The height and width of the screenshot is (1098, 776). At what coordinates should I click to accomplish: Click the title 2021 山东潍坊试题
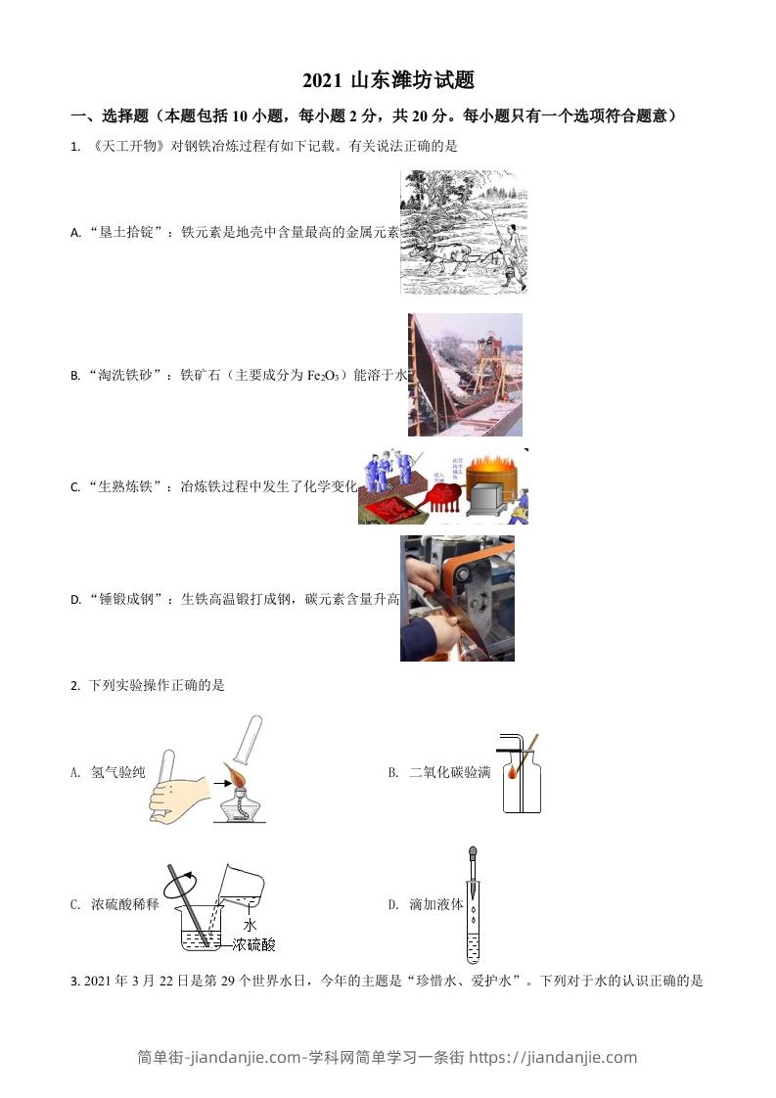[388, 81]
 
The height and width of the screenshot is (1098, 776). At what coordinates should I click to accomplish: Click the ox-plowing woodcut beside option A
[464, 232]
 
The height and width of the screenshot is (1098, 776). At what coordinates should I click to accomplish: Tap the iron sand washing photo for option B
[465, 375]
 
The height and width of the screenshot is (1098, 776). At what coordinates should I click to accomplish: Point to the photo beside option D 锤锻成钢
[457, 598]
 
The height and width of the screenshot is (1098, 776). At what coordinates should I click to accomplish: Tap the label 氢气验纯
[117, 773]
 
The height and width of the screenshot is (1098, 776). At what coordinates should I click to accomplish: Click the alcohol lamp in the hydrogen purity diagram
[234, 795]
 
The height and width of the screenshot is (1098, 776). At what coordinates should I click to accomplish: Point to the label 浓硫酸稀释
[124, 905]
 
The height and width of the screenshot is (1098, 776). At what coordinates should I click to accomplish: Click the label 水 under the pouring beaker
[250, 924]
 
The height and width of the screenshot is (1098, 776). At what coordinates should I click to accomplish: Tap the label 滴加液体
[436, 905]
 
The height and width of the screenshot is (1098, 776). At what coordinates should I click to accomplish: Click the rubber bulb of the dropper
[474, 854]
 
